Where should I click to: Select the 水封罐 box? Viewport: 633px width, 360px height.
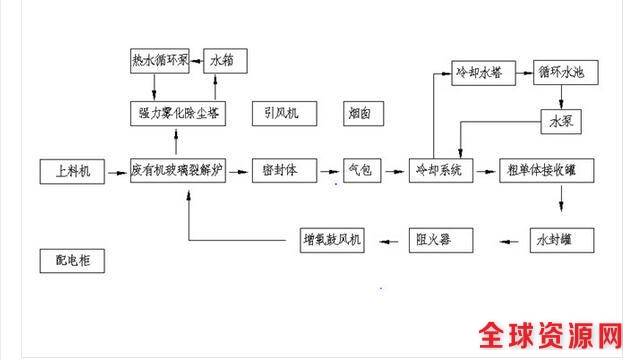point(561,240)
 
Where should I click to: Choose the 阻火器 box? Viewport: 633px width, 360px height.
point(439,240)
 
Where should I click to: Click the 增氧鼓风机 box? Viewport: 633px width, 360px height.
point(335,240)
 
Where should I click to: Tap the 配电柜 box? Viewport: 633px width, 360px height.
point(72,261)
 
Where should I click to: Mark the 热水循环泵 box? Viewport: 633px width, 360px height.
point(159,60)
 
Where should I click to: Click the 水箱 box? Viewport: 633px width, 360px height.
point(226,60)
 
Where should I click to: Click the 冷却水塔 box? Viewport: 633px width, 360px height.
point(479,73)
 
